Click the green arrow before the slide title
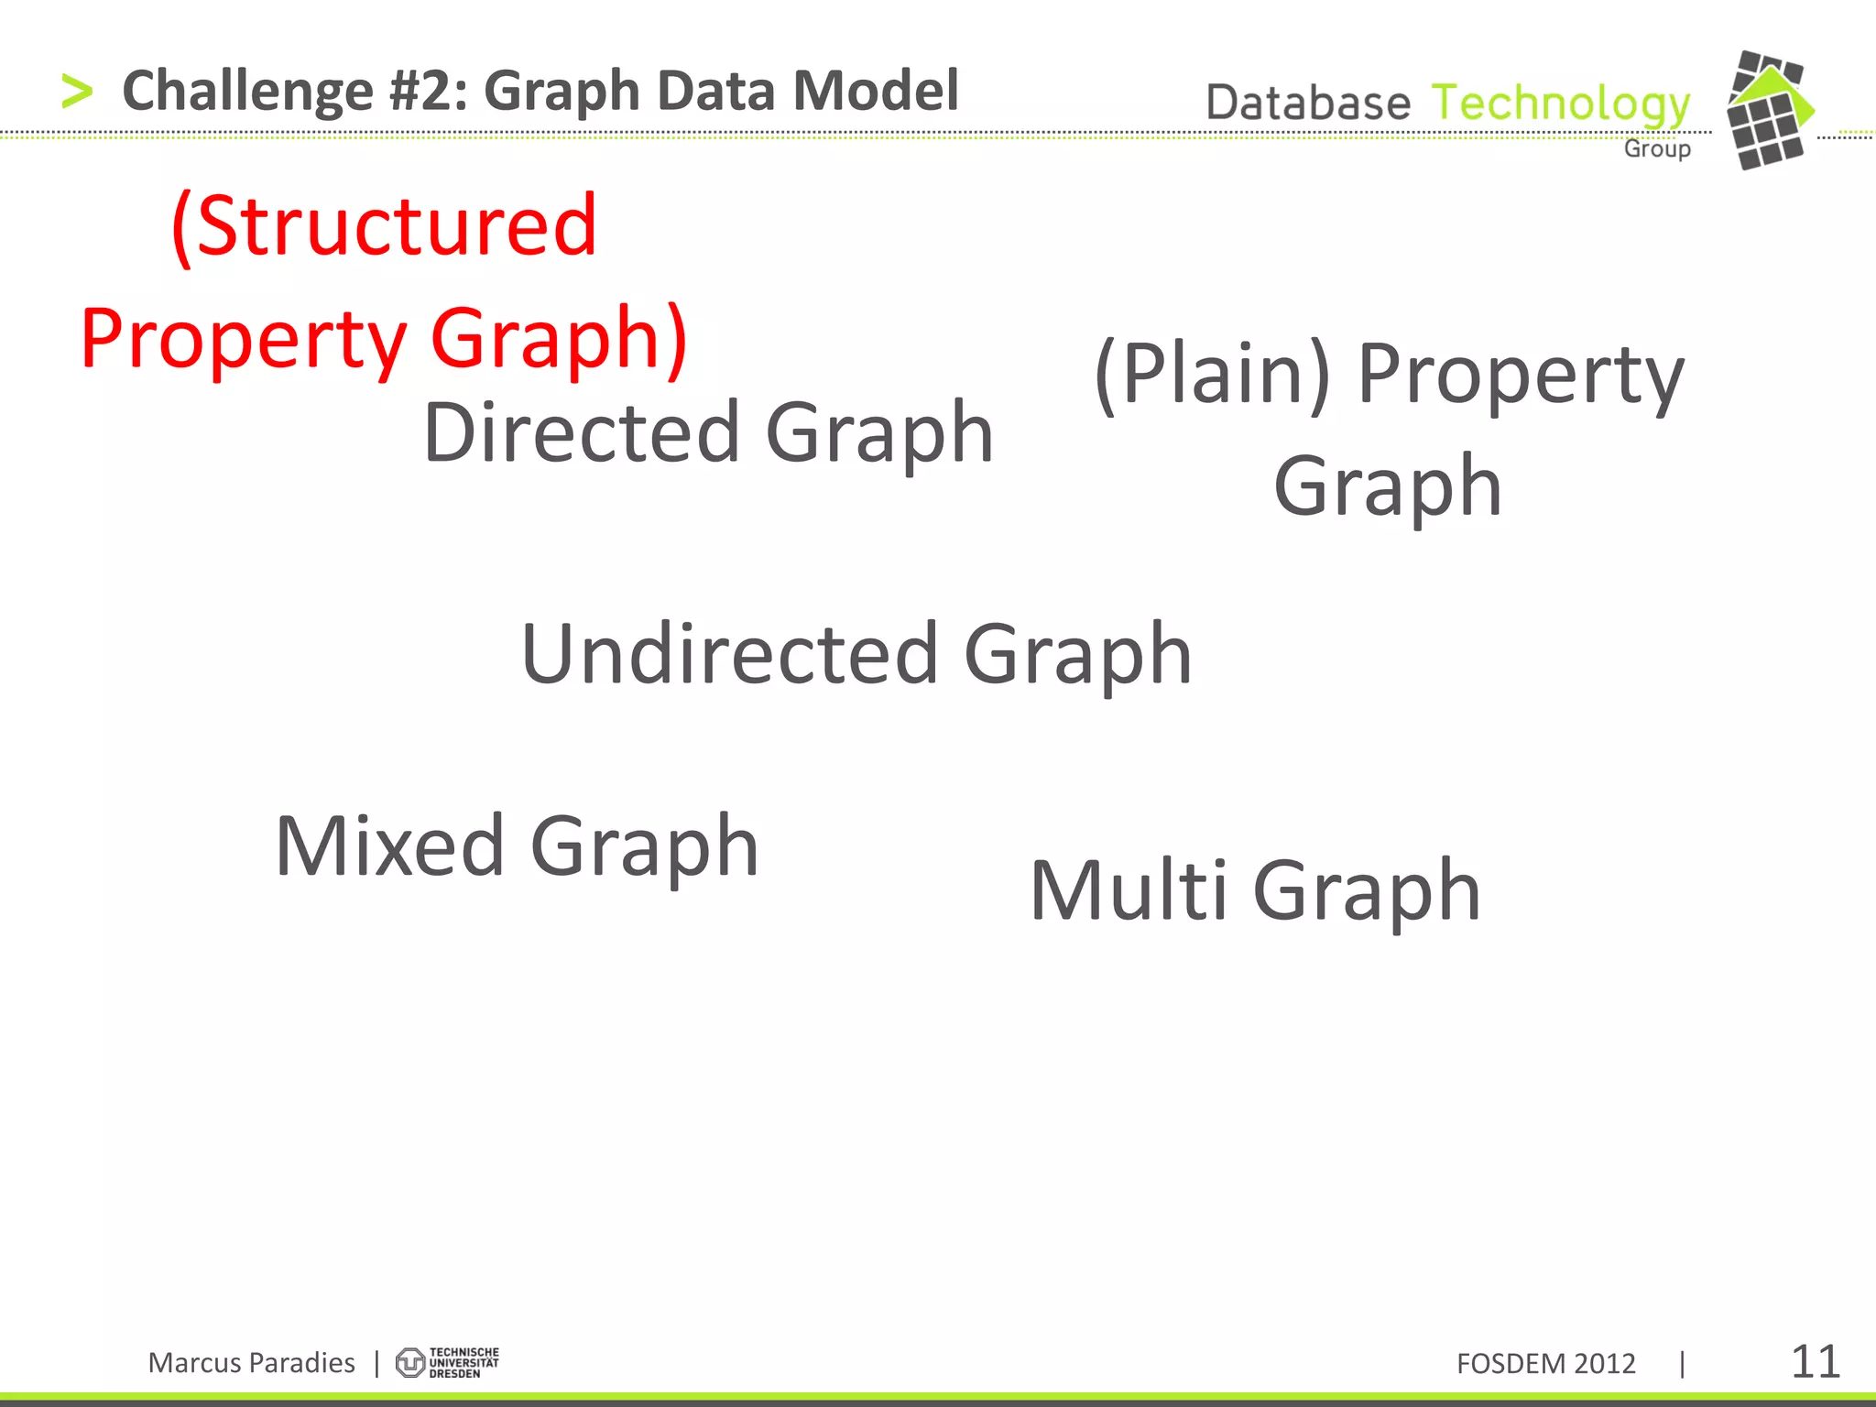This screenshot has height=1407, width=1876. coord(77,92)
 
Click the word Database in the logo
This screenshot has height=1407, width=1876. coord(1307,103)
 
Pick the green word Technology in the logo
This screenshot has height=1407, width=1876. coord(1560,104)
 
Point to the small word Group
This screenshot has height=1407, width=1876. coord(1657,148)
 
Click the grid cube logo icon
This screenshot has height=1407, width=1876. coord(1769,110)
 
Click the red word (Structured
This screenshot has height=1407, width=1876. coord(385,227)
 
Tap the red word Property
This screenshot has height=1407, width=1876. coord(243,339)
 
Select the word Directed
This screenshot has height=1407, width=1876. coord(581,432)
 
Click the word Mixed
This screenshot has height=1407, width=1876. coord(389,846)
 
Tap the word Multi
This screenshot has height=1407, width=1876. coord(1128,890)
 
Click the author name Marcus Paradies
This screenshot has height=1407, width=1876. coord(251,1363)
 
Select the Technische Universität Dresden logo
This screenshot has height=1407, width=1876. coord(447,1363)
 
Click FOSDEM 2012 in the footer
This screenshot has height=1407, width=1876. coord(1545,1364)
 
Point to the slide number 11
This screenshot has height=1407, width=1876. coord(1815,1362)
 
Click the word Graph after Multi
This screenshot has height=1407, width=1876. coord(1366,892)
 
